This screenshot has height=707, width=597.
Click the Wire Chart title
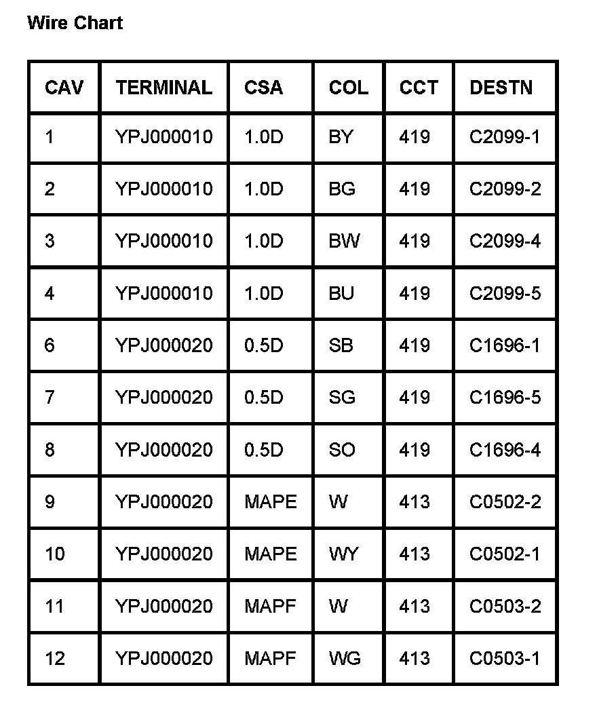[x=75, y=23]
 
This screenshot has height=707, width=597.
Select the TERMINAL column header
[x=163, y=88]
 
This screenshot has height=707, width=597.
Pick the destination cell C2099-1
[x=505, y=137]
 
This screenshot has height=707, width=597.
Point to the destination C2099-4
[x=505, y=241]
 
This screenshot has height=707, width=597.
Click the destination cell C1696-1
[x=505, y=345]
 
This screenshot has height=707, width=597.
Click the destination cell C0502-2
[x=505, y=501]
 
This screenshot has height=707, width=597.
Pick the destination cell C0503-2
[x=505, y=606]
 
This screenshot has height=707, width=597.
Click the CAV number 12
[x=55, y=658]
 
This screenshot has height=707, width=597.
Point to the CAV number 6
[x=50, y=345]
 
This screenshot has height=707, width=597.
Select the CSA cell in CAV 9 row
[x=271, y=501]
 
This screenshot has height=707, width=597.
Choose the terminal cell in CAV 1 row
[x=163, y=137]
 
